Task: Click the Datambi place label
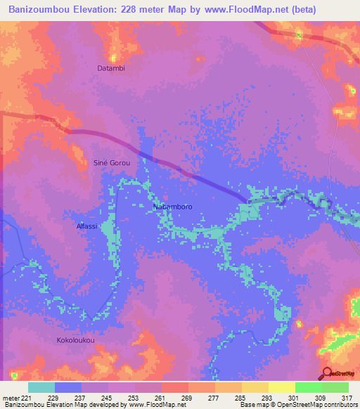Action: (111, 68)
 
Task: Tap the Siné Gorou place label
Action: (112, 162)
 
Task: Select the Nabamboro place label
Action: (172, 207)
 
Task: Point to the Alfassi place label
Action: (86, 226)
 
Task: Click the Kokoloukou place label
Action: (75, 340)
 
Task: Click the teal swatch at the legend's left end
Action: (41, 387)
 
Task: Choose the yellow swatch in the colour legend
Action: (282, 387)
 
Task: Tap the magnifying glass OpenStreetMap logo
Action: (328, 373)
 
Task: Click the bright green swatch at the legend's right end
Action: (335, 387)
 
